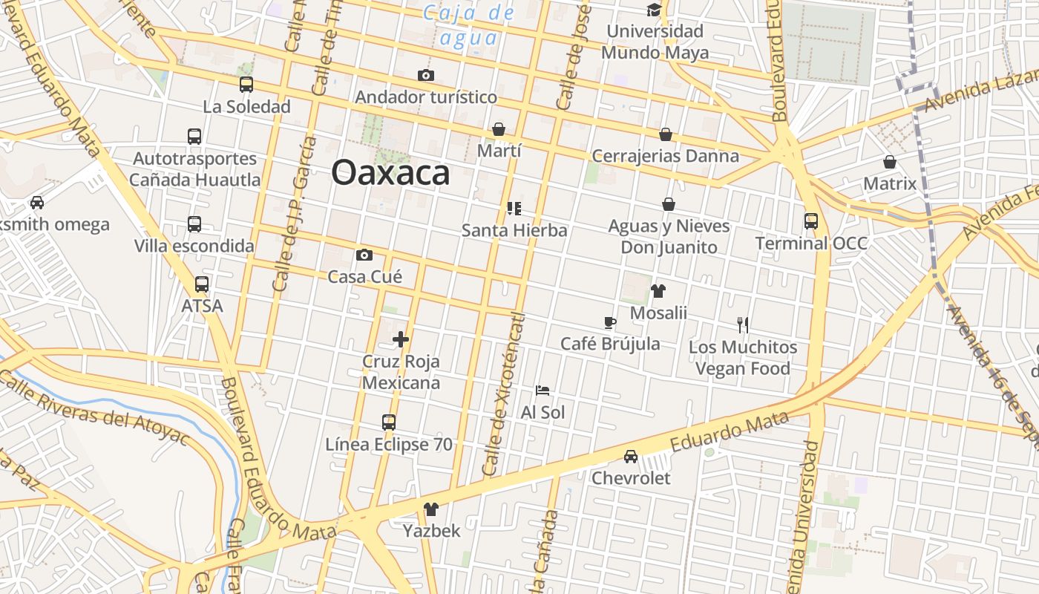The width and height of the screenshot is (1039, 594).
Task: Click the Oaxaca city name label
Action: point(390,173)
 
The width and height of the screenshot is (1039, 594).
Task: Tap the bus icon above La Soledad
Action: point(246,85)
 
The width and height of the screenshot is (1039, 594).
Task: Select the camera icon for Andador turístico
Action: point(425,75)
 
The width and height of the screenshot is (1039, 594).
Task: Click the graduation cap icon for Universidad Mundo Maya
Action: point(654,10)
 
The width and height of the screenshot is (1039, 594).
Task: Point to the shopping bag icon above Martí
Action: point(499,129)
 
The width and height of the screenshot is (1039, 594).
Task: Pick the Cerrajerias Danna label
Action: point(665,156)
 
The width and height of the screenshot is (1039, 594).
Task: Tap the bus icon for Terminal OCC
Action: point(810,221)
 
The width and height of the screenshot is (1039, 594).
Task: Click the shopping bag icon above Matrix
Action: point(890,162)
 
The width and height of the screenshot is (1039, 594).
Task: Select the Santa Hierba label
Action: point(514,230)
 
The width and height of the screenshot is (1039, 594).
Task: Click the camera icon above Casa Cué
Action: point(364,255)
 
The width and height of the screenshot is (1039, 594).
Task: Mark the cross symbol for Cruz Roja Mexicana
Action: point(401,339)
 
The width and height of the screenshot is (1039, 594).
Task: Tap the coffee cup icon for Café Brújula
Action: point(609,322)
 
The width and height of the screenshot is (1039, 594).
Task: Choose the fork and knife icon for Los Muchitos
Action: point(743,324)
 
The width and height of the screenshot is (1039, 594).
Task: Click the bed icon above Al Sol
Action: point(543,390)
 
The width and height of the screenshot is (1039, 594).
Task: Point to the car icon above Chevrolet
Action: point(630,456)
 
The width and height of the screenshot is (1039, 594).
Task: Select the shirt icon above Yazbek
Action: point(431,509)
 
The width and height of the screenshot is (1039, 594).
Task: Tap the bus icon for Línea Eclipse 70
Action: point(388,422)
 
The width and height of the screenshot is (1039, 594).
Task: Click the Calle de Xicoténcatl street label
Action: point(503,394)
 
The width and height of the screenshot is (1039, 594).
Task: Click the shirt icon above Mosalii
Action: point(658,291)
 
